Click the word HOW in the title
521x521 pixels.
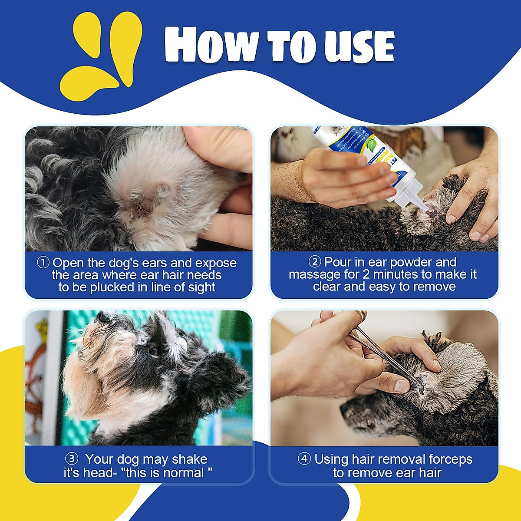[x=211, y=45]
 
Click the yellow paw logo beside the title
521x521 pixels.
[x=102, y=56]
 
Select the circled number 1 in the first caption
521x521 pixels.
[x=43, y=262]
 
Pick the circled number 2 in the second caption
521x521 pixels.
[x=315, y=261]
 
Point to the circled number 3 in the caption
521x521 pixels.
[x=71, y=458]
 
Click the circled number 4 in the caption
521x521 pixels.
[x=304, y=458]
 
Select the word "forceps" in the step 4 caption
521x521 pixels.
[x=450, y=459]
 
